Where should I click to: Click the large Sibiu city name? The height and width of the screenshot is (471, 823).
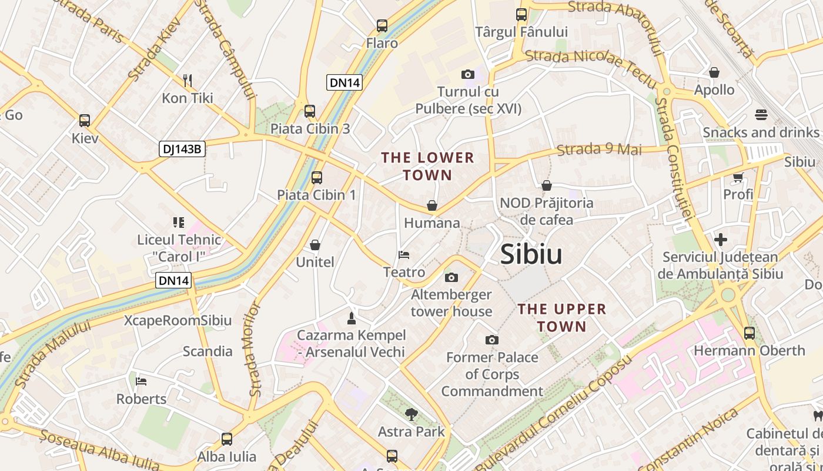click(531, 254)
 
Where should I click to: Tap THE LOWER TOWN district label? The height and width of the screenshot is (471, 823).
click(427, 166)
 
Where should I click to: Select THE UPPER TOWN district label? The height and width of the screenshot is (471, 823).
click(561, 317)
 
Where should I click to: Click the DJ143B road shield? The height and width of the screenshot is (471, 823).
click(182, 149)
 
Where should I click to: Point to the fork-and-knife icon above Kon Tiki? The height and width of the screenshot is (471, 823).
click(188, 80)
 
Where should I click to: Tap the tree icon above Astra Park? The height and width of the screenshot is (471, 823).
click(411, 414)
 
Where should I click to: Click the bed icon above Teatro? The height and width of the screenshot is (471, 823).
click(404, 255)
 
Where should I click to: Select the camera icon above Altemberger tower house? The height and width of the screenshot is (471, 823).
click(451, 277)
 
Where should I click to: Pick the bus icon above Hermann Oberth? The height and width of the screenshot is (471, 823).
click(750, 333)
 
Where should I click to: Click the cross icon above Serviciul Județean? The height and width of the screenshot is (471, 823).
click(721, 240)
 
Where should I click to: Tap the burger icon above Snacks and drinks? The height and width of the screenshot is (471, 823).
click(761, 114)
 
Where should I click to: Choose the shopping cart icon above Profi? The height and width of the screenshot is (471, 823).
click(738, 177)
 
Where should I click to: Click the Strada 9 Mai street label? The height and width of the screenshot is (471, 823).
click(599, 149)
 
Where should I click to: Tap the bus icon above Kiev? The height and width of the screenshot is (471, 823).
click(85, 121)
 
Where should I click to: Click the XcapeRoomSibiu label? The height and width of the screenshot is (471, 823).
click(178, 321)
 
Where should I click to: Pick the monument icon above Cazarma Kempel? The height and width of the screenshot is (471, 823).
click(352, 319)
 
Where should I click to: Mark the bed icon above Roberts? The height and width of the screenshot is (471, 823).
click(141, 382)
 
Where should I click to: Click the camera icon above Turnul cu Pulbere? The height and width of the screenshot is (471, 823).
click(468, 74)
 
